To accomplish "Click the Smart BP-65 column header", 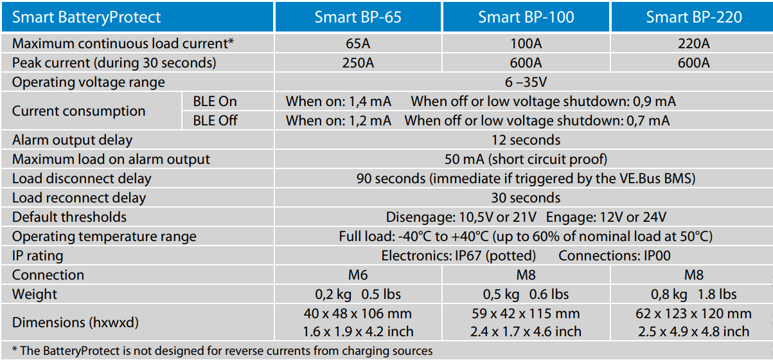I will [x=358, y=17].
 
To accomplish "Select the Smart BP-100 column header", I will [x=526, y=17].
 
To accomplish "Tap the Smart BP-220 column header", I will [x=693, y=17].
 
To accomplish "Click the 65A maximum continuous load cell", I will [x=358, y=44].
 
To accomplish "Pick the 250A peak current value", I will [x=358, y=63].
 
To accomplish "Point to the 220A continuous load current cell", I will [x=693, y=44].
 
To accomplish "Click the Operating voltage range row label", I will [x=89, y=82].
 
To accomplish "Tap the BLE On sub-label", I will [x=215, y=102].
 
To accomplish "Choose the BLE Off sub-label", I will [x=215, y=121].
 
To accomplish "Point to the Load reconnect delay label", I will [x=79, y=198].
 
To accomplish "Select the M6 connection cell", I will [x=358, y=275].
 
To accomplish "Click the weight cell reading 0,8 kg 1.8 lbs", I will [x=693, y=294].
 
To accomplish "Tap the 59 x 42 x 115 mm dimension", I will [x=526, y=314].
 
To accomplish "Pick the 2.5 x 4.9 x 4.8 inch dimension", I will [x=693, y=332].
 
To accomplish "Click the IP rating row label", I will [x=38, y=256].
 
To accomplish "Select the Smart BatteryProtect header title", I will [x=87, y=17].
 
